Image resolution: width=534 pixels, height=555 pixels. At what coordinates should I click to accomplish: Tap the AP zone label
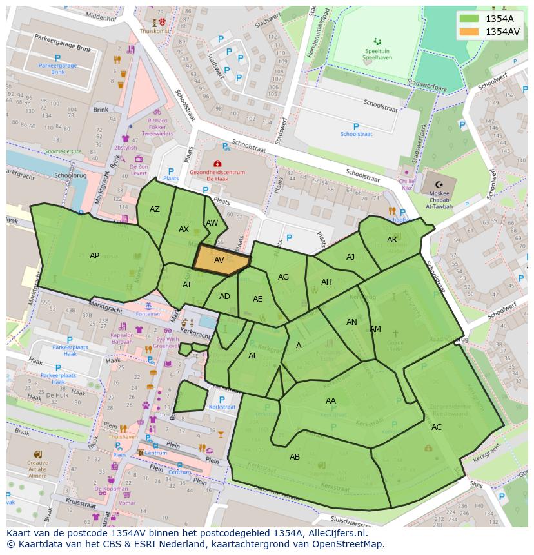tap(95, 256)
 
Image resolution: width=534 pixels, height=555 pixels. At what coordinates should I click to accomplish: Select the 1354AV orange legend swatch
tap(470, 31)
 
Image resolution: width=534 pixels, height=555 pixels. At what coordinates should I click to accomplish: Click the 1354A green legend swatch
tap(470, 19)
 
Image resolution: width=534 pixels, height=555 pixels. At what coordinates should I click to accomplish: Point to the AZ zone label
tap(155, 209)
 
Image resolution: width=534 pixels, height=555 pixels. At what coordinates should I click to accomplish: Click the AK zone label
tap(392, 240)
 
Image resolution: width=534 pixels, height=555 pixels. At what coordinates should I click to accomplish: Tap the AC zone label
tap(437, 427)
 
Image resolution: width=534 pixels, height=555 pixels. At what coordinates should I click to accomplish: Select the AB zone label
tap(295, 457)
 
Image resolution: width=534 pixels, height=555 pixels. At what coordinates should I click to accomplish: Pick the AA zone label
tap(331, 401)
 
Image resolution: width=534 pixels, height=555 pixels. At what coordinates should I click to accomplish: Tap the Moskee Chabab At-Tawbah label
tap(439, 199)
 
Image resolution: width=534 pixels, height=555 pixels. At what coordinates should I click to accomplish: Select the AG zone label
tap(283, 277)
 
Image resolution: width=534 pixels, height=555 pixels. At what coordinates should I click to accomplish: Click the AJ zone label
tap(350, 257)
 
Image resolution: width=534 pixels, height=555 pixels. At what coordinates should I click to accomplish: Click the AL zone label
tap(253, 356)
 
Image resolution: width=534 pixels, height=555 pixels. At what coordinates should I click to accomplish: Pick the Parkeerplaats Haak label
tap(65, 351)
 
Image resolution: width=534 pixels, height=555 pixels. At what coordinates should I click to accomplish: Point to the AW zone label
tap(212, 223)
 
